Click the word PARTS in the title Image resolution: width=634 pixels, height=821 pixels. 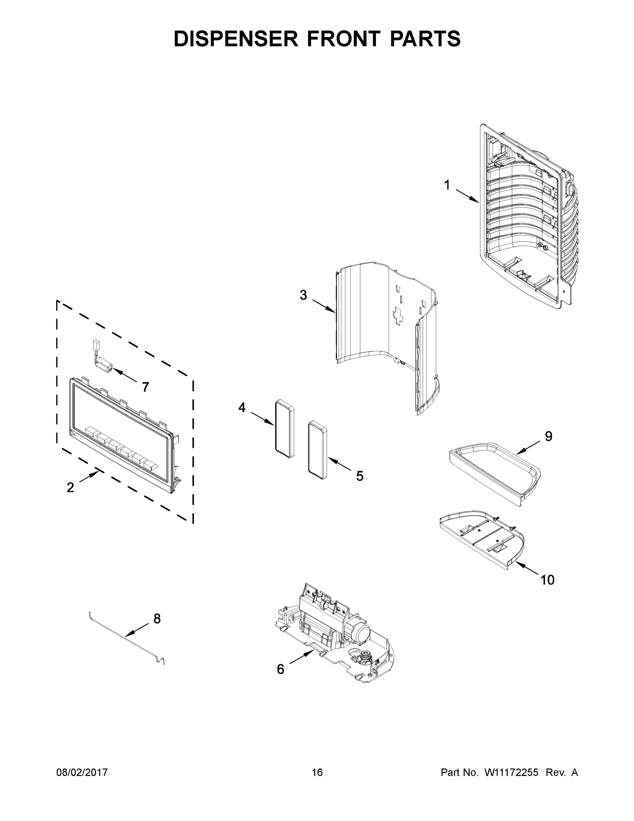click(425, 39)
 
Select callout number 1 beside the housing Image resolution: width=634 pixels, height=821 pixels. click(447, 185)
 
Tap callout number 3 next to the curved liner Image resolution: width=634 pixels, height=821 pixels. click(303, 295)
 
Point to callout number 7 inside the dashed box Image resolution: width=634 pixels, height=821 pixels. click(145, 387)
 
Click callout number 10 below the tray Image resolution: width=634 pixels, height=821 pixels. click(547, 580)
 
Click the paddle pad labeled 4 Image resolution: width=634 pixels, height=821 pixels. click(284, 429)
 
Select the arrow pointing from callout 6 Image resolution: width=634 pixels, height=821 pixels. click(301, 657)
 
